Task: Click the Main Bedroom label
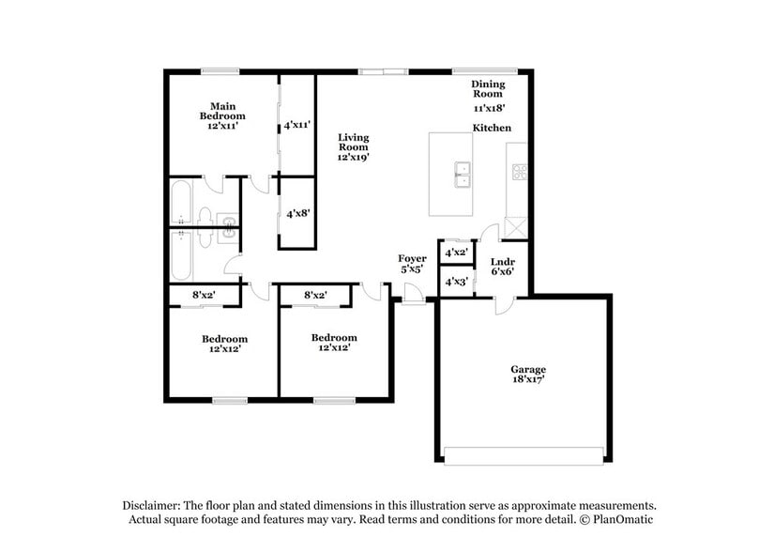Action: [221, 111]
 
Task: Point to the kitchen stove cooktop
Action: [519, 172]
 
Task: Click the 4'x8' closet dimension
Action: [297, 213]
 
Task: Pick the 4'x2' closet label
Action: [456, 253]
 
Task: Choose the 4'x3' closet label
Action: [456, 281]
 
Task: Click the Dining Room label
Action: [488, 89]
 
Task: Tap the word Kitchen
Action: [491, 128]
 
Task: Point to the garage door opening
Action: [524, 456]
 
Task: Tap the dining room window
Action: [485, 69]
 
